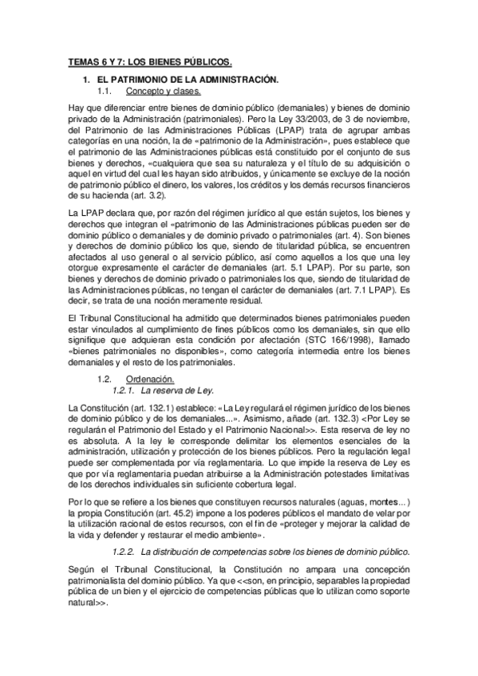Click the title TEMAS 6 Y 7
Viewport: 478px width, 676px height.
click(149, 62)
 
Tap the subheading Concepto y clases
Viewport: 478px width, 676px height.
click(164, 92)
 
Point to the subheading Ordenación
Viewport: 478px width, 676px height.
click(151, 379)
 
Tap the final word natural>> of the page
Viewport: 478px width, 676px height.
click(88, 603)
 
